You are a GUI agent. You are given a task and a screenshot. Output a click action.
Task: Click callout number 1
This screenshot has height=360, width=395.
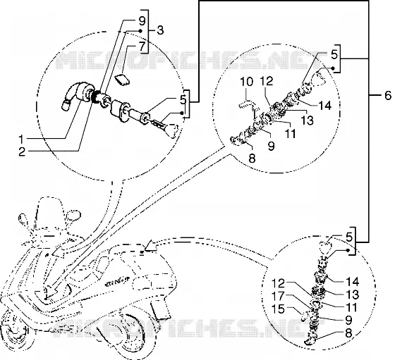[x=23, y=139]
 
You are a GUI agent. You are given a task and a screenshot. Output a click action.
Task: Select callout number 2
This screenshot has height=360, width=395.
[x=23, y=151]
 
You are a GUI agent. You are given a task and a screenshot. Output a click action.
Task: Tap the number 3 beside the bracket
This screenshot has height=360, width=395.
[x=159, y=30]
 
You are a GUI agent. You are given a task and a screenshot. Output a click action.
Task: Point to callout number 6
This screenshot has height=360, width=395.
[x=388, y=96]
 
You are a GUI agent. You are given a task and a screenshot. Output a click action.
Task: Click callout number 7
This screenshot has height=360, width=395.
[x=142, y=46]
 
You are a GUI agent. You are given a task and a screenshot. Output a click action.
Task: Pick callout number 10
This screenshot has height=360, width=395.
[x=247, y=82]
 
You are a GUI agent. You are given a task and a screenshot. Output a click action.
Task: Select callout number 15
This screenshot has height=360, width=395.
[x=278, y=309]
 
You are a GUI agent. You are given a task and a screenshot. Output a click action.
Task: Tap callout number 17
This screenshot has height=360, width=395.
[x=278, y=296]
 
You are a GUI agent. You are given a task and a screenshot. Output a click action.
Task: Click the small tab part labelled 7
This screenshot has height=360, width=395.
[x=123, y=80]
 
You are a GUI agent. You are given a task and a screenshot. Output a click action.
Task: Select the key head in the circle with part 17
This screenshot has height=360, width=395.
[x=326, y=247]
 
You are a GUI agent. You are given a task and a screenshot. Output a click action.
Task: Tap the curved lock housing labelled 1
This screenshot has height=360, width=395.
[x=75, y=94]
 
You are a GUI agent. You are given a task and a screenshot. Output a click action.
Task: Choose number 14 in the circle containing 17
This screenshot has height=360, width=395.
[x=352, y=282]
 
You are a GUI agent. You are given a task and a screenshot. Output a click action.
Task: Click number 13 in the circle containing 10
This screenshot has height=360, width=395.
[x=307, y=120]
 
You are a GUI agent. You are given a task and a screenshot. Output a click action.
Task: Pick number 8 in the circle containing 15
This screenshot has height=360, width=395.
[x=348, y=333]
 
